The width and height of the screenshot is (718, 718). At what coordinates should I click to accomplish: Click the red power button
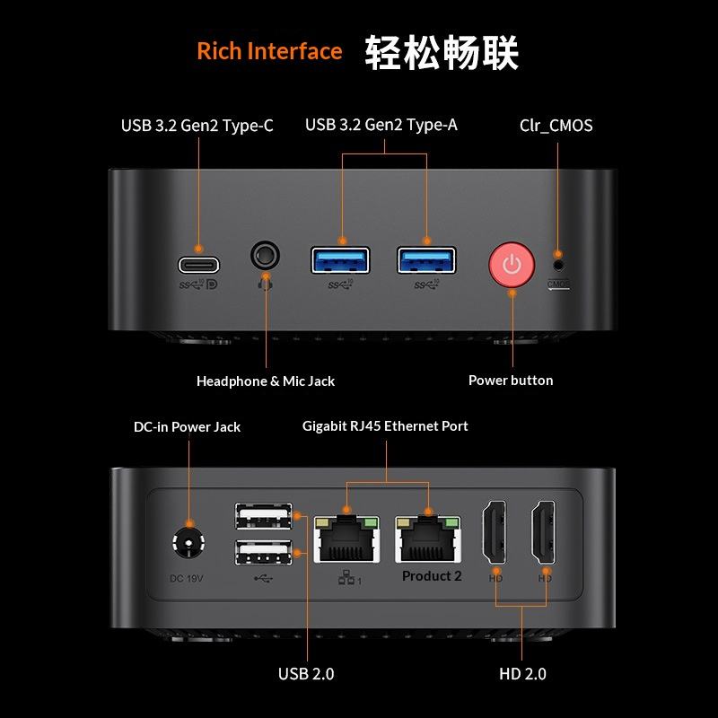point(512,266)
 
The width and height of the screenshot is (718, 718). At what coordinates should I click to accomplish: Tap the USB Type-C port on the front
point(198,265)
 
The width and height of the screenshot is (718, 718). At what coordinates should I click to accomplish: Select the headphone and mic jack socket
point(265,255)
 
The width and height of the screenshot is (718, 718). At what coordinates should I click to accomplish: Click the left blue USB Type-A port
point(340,260)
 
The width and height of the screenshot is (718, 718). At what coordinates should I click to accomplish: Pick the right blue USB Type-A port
point(426,260)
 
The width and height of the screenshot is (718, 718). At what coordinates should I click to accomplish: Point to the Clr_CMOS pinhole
point(558,265)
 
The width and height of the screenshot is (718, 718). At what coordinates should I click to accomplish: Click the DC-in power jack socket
point(188,544)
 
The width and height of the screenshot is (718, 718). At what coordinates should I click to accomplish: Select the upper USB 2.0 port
point(264,515)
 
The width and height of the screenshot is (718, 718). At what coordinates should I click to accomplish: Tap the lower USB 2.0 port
point(264,552)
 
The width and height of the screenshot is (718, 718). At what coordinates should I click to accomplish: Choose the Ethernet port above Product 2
point(428,538)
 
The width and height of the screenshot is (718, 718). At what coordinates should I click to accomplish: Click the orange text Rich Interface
point(269,51)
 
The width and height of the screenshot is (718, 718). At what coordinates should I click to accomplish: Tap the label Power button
point(511,381)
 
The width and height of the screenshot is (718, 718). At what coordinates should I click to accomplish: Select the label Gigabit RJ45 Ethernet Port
point(385,426)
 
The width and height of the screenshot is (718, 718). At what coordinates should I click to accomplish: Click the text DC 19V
point(187,578)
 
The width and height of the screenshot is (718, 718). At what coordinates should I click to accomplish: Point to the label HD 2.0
point(522,674)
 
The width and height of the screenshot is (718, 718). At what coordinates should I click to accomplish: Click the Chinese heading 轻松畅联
point(442,52)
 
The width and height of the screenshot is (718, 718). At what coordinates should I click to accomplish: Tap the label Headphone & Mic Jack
point(266,381)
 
